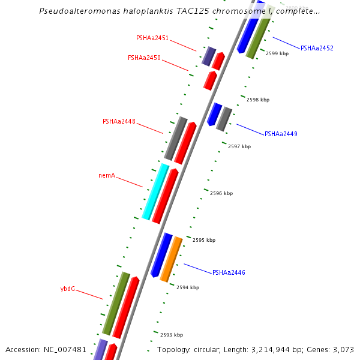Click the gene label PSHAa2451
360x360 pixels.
152,38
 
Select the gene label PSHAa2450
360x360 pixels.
144,58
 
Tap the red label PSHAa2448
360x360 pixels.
119,121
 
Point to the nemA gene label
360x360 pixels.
107,176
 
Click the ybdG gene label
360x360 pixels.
68,289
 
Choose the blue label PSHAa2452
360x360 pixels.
317,48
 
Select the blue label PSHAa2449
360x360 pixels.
281,134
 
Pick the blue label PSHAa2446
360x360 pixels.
229,272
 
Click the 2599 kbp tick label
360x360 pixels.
277,54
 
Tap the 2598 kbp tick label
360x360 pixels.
258,100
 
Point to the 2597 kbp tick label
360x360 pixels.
239,146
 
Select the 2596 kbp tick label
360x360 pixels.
221,193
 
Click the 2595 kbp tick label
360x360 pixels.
203,240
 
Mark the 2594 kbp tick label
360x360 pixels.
187,287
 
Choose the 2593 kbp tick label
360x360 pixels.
171,335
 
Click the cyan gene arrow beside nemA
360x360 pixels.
155,192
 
